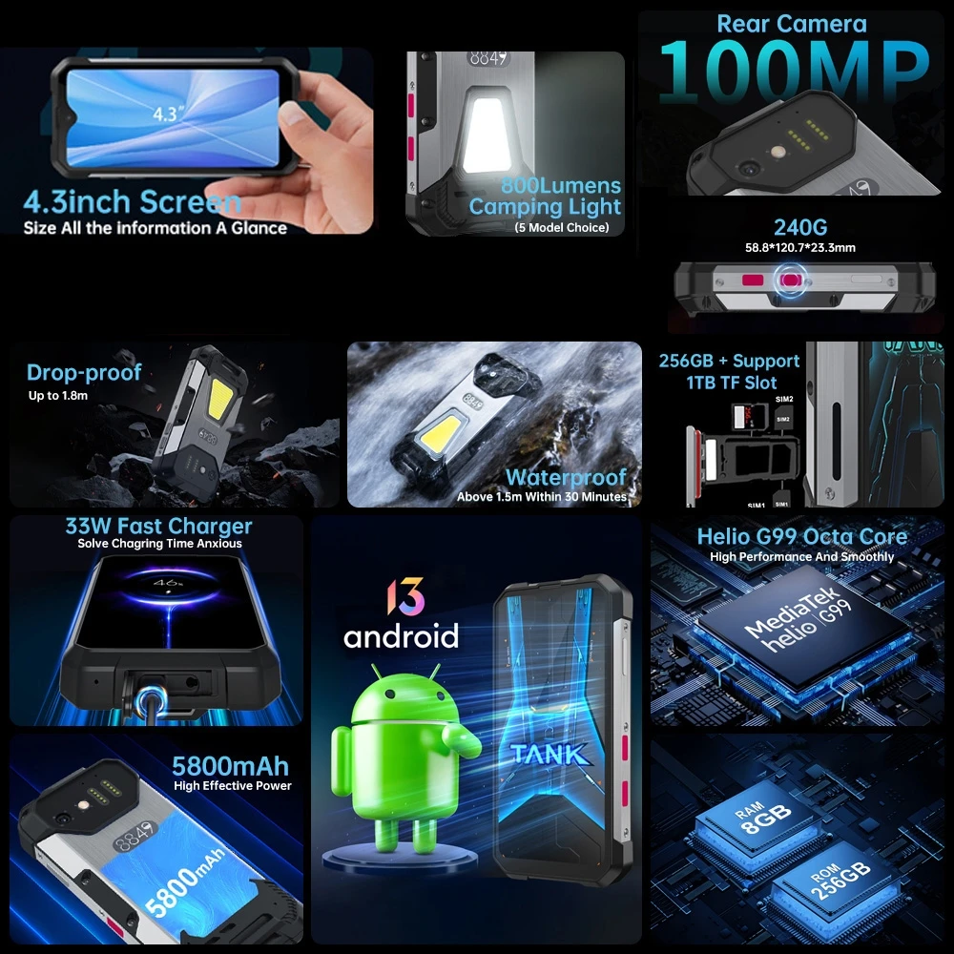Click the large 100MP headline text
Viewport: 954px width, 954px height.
click(793, 73)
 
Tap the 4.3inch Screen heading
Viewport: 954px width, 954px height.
click(133, 202)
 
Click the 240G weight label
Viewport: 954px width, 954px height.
click(799, 227)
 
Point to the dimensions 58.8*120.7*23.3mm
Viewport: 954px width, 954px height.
click(799, 248)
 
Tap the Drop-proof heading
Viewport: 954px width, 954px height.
click(84, 373)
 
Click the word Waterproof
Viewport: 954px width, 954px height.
click(566, 477)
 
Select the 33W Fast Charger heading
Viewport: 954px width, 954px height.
click(158, 527)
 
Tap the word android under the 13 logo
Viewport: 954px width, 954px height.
click(401, 635)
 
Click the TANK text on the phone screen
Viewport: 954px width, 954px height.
click(549, 754)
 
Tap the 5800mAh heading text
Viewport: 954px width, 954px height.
click(230, 766)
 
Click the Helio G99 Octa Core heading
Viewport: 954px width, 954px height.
click(801, 536)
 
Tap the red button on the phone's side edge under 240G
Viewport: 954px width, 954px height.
click(754, 281)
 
